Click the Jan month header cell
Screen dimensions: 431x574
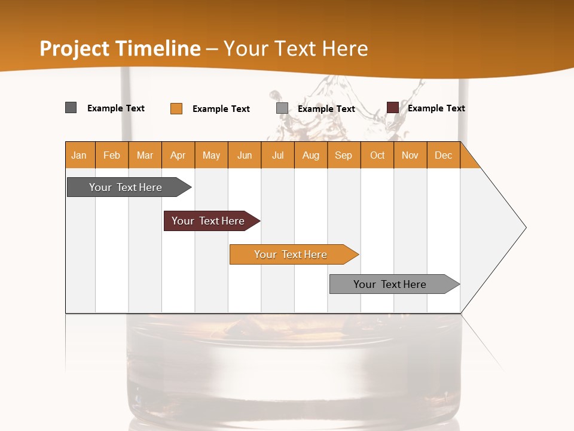click(80, 155)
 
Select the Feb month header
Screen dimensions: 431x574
click(112, 155)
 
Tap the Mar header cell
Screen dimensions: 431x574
click(145, 155)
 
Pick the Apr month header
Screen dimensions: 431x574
click(178, 155)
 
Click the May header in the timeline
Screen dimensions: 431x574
click(211, 155)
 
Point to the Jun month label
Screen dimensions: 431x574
click(245, 155)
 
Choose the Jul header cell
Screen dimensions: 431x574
click(277, 155)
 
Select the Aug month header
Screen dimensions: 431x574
click(311, 155)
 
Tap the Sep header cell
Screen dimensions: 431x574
click(344, 155)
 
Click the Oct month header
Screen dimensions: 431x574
click(377, 155)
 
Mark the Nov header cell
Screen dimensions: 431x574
click(410, 155)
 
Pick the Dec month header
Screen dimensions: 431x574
click(444, 155)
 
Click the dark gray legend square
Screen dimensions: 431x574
click(71, 108)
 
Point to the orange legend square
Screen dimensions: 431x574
click(176, 108)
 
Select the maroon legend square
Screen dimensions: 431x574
click(392, 108)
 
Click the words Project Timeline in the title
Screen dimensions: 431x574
click(120, 48)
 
